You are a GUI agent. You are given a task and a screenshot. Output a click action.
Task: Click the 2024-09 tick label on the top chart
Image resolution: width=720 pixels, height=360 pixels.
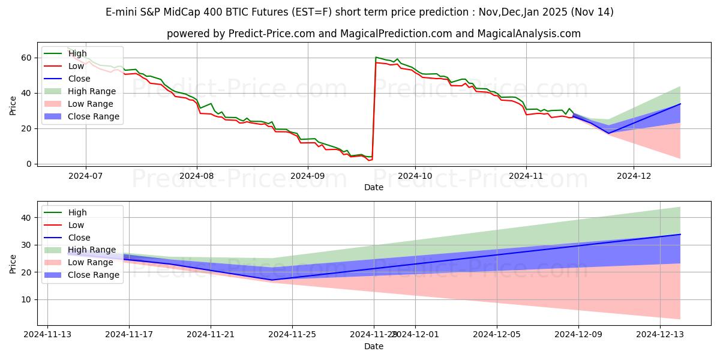[x=308, y=176]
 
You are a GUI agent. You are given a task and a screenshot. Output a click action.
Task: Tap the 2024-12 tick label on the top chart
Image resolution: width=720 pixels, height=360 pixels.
[x=634, y=176]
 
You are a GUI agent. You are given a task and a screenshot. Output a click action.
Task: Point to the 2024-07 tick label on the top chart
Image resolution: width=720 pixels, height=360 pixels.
[x=85, y=176]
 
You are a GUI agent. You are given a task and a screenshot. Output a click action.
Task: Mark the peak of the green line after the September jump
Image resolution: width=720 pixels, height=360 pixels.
[x=376, y=57]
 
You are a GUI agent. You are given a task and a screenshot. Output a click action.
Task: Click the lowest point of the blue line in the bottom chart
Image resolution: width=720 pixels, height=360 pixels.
[x=272, y=280]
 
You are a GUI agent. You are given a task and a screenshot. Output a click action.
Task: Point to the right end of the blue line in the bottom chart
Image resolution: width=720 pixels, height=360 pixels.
[x=680, y=235]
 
